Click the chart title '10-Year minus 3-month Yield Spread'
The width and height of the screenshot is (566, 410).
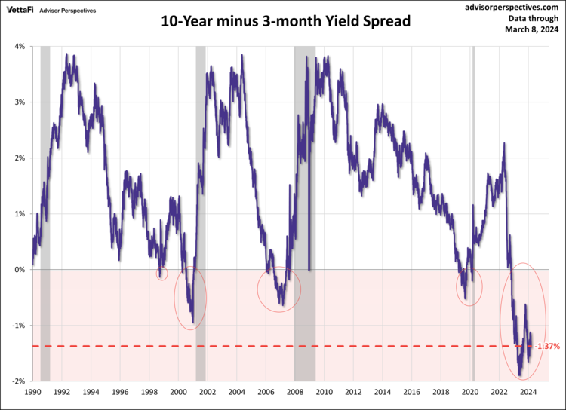pyautogui.click(x=286, y=21)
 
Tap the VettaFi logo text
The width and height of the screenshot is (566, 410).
pyautogui.click(x=23, y=11)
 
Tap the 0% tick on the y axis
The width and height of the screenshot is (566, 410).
pyautogui.click(x=20, y=270)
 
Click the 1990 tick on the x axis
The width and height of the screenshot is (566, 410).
pyautogui.click(x=32, y=393)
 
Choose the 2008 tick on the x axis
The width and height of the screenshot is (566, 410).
pyautogui.click(x=295, y=393)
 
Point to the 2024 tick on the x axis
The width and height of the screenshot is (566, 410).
pyautogui.click(x=528, y=393)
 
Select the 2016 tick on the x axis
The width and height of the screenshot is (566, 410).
pyautogui.click(x=412, y=393)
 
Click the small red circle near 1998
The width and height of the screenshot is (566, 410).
pyautogui.click(x=161, y=273)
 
